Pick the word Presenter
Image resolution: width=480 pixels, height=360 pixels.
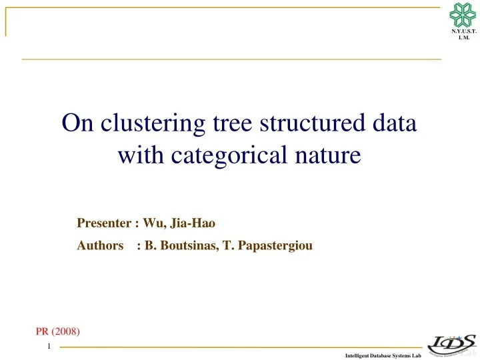103,223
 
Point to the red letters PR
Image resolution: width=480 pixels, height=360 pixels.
42,331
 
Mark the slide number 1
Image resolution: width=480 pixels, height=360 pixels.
49,347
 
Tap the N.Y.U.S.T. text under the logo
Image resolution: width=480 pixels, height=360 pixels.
463,31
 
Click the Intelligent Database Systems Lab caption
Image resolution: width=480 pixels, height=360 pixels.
383,356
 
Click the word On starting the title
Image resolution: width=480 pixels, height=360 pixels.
75,124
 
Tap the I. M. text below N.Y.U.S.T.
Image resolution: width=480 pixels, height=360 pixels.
463,38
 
